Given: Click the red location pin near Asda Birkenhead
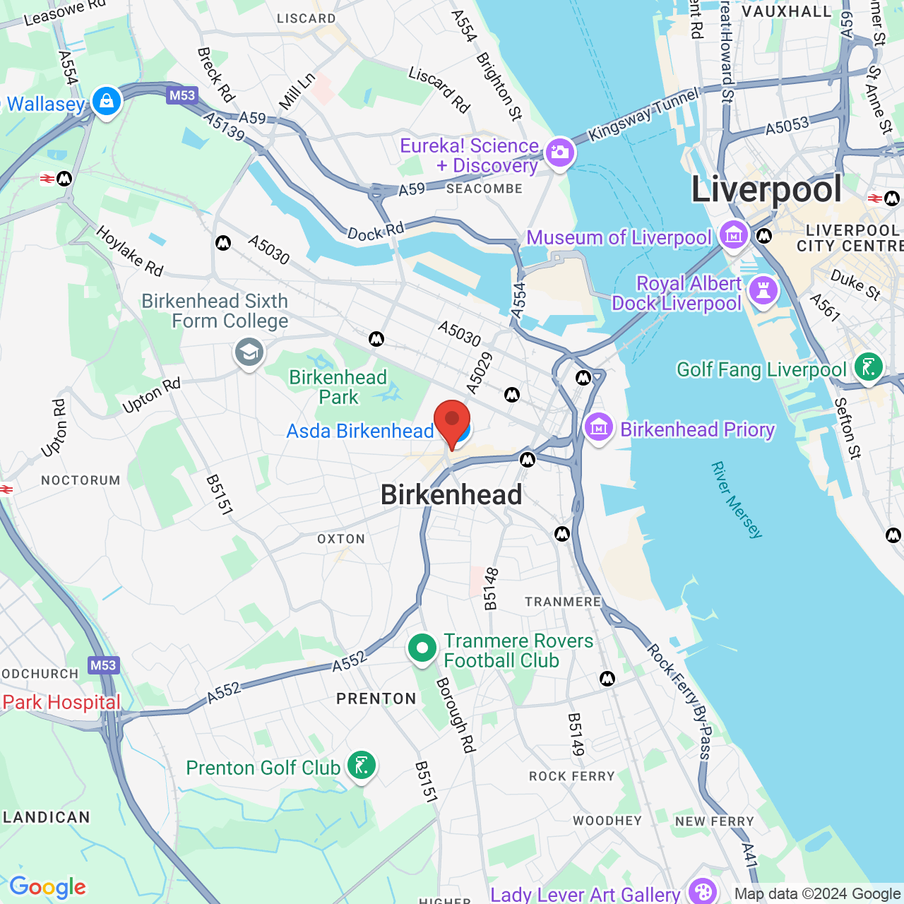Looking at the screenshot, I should pos(451,422).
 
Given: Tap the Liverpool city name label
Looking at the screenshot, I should pos(766,189).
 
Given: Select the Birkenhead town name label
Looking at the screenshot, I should pos(451,494).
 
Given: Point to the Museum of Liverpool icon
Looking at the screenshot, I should pos(733,235).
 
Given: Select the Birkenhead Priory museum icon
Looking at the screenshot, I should pos(599,428).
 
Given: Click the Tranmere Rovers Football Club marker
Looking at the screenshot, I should pos(422,648).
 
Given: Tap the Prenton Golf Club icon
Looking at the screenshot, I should pos(362,766).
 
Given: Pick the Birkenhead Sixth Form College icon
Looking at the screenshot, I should pos(249,352).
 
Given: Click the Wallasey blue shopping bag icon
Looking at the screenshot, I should pos(107,102).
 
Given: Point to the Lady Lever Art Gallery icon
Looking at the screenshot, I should pos(702,891).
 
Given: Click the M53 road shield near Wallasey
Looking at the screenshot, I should pos(182,95).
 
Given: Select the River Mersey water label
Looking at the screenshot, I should pos(737,500).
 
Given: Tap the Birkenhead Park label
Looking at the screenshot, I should pos(338,387).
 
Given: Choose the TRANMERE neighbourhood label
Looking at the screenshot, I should pos(563,602).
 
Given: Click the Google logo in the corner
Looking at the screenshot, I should pos(47,887).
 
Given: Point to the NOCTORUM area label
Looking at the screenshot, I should pos(81,480).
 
